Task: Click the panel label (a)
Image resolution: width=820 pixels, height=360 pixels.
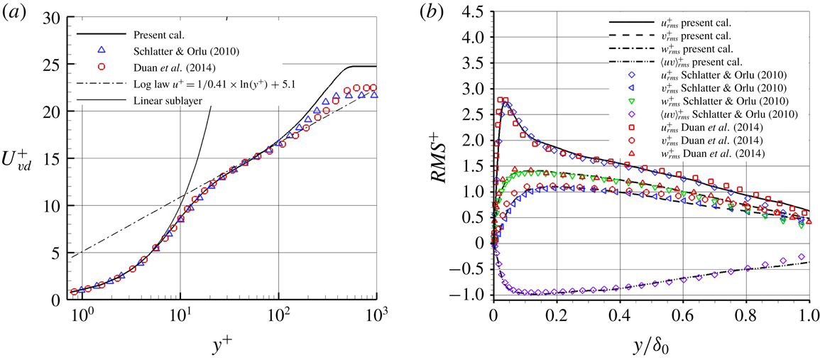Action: (x=15, y=12)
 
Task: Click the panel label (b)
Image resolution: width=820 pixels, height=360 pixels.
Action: (x=432, y=12)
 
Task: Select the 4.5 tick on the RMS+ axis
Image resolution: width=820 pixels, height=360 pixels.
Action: (x=477, y=11)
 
